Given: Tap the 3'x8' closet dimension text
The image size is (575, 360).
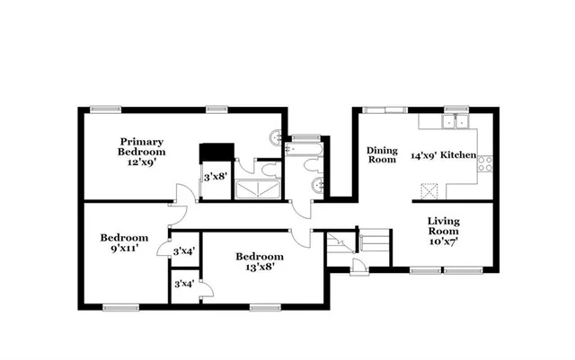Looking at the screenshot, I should [214, 178].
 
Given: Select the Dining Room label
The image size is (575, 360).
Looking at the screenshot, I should [381, 155].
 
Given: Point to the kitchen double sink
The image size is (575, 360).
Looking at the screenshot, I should [459, 123].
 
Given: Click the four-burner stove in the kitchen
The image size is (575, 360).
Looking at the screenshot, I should [484, 163].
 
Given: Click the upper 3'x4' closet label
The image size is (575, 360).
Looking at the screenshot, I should [183, 251].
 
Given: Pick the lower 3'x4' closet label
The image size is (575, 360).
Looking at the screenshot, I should [183, 285].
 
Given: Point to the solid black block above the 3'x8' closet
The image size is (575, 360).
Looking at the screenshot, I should [216, 152].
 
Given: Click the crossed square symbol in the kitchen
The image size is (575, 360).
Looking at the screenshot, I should [429, 189].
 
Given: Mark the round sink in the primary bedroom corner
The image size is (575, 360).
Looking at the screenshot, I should [273, 137].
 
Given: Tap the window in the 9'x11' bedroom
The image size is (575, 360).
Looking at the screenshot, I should [114, 307].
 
